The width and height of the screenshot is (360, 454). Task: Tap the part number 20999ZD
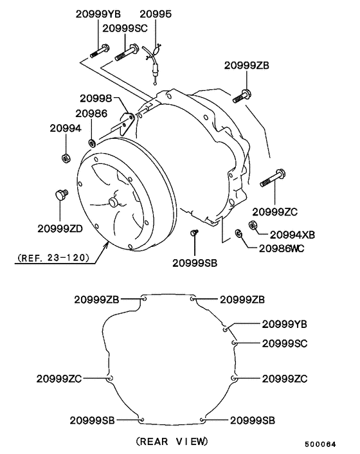point(60,227)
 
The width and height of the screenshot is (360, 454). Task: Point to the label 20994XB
point(292,235)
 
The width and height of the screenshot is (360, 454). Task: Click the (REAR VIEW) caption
point(172,441)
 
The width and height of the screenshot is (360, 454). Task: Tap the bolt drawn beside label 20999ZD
point(62,195)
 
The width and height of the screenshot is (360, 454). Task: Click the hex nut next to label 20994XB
point(253,225)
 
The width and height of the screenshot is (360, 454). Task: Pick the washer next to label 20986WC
point(239,232)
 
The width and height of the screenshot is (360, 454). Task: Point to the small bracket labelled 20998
point(127,122)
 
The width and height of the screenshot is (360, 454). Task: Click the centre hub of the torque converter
point(113,203)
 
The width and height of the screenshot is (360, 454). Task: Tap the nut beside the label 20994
point(66,158)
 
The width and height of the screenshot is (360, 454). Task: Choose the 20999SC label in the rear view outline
point(285,343)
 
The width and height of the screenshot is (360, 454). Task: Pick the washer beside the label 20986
point(94,141)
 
